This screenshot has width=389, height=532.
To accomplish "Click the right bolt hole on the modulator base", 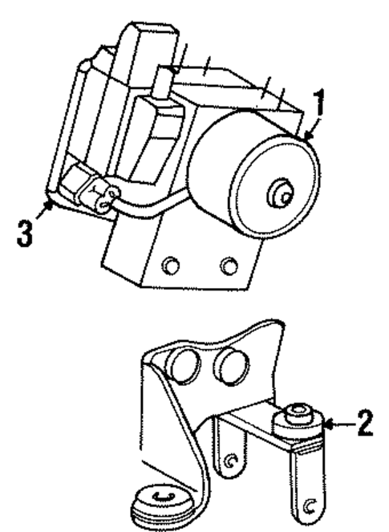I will [x=229, y=265].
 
